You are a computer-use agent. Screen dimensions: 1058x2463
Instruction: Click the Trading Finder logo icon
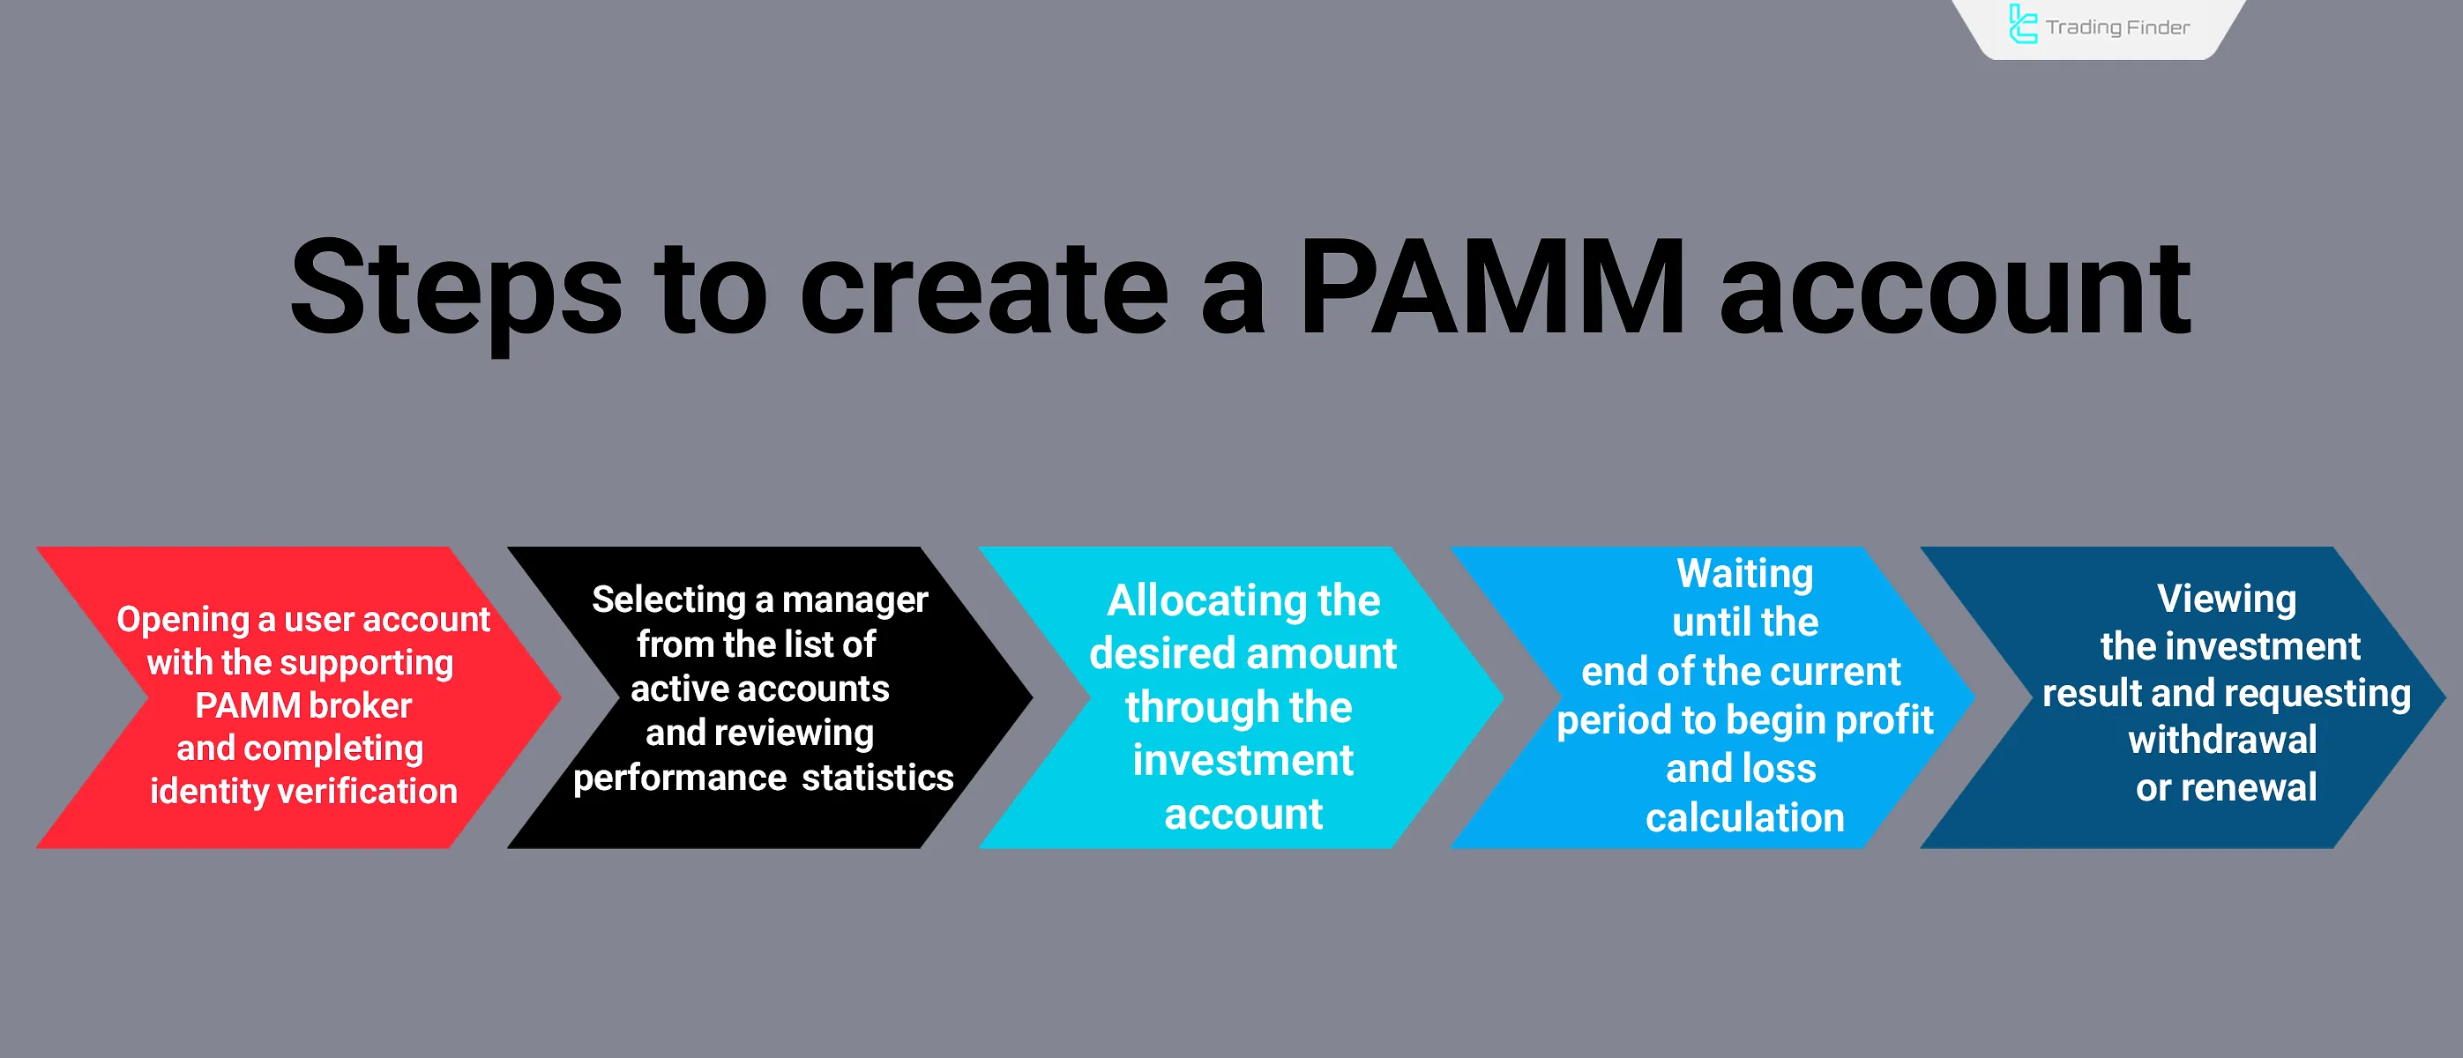(x=2021, y=25)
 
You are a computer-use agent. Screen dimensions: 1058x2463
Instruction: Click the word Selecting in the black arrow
(x=668, y=600)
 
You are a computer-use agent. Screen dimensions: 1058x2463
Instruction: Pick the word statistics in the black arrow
(x=877, y=778)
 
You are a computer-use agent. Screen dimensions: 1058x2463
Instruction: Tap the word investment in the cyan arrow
(x=1243, y=761)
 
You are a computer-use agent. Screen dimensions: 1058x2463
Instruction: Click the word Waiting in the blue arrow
(x=1745, y=573)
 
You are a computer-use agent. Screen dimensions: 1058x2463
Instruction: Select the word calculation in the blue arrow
(x=1745, y=818)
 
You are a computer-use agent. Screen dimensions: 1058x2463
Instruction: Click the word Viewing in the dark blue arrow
(x=2226, y=600)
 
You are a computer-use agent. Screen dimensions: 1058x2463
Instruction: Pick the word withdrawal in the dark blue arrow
(x=2222, y=740)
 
